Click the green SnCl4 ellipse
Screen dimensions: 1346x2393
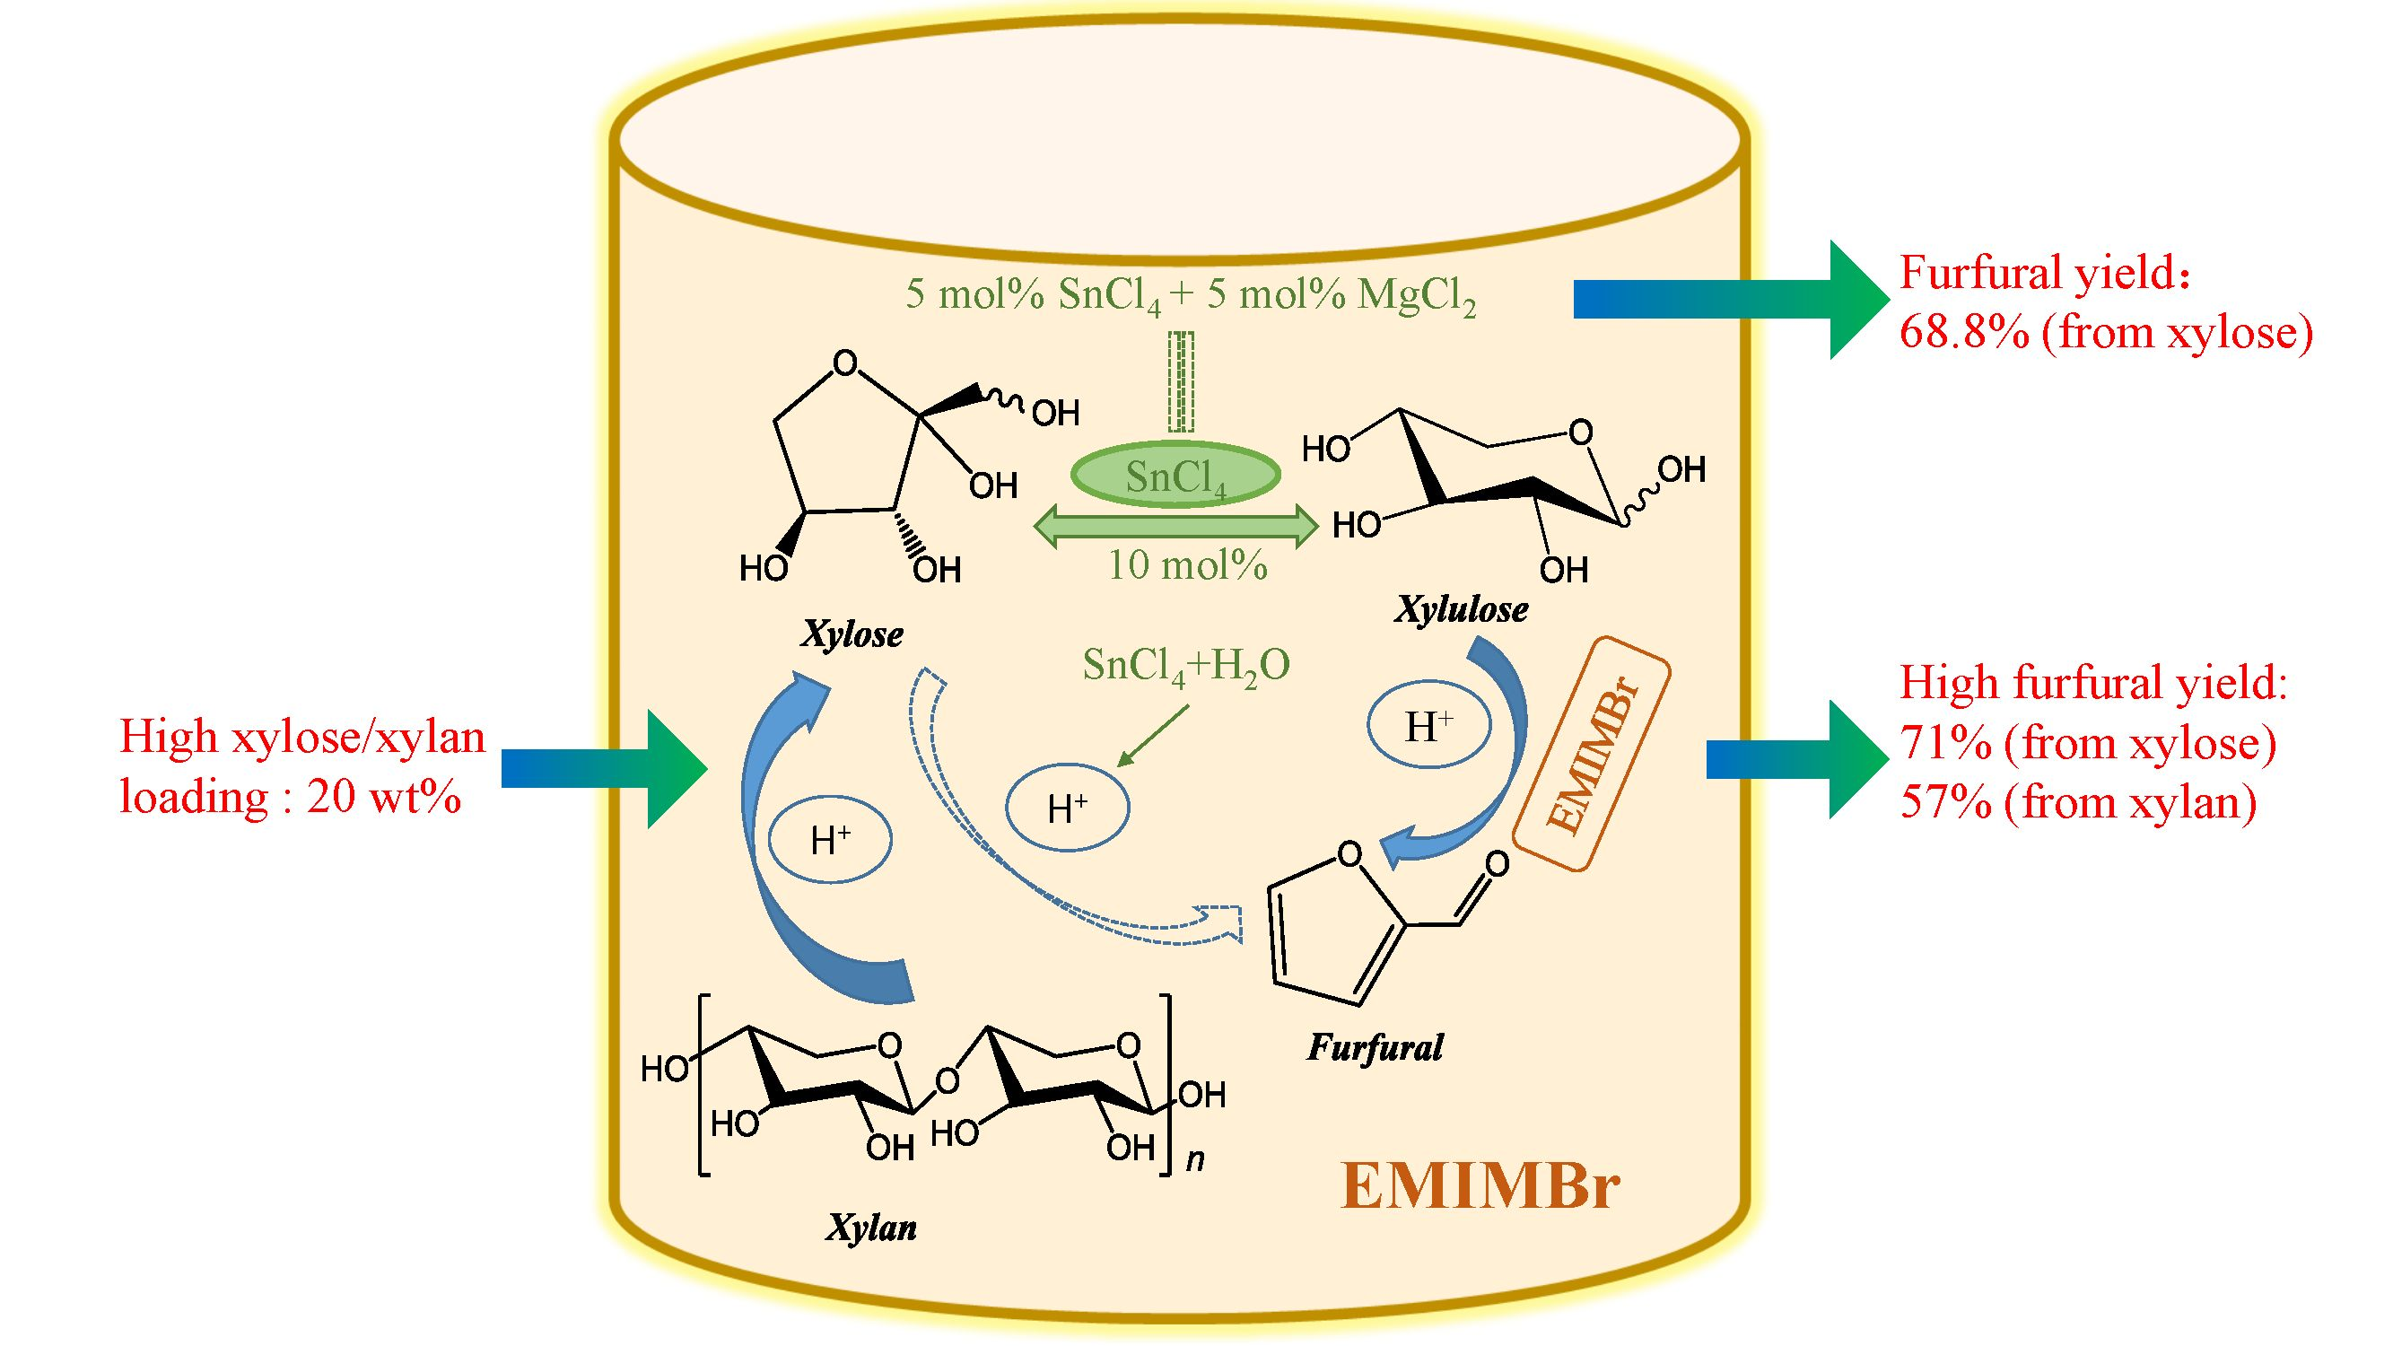pyautogui.click(x=1176, y=476)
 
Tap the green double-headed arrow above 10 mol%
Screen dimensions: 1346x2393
pyautogui.click(x=1176, y=527)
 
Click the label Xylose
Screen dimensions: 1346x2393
pyautogui.click(x=852, y=634)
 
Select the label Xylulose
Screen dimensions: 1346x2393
pyautogui.click(x=1462, y=609)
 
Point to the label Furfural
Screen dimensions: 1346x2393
pyautogui.click(x=1375, y=1048)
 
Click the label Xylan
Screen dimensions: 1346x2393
pyautogui.click(x=871, y=1228)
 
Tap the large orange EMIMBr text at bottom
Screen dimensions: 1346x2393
pyautogui.click(x=1480, y=1187)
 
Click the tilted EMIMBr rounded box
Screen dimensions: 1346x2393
pyautogui.click(x=1593, y=755)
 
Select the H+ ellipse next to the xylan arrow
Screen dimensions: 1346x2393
pyautogui.click(x=831, y=841)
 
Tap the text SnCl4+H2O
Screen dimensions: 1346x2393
pyautogui.click(x=1186, y=666)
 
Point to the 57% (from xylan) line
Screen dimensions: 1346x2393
pyautogui.click(x=2078, y=801)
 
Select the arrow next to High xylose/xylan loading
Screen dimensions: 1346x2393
pyautogui.click(x=604, y=769)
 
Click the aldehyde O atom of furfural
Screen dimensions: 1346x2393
pyautogui.click(x=1497, y=865)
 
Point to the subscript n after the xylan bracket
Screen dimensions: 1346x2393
pyautogui.click(x=1195, y=1159)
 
